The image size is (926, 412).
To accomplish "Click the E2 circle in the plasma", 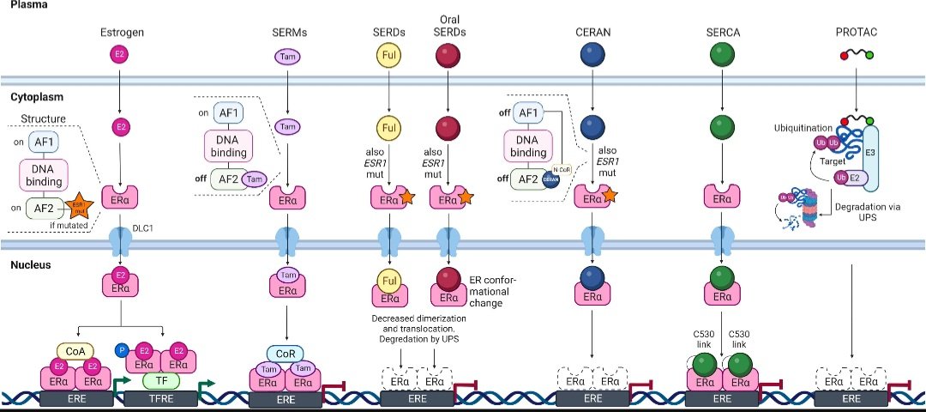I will pos(120,56).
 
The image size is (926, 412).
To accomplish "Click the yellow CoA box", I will pos(73,350).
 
